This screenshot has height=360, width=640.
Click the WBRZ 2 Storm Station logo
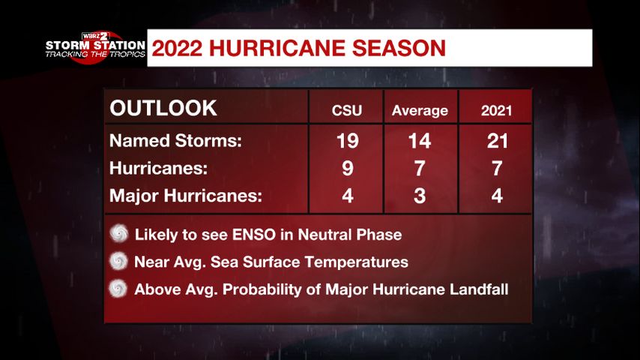pos(95,47)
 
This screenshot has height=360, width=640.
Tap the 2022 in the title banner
pos(177,48)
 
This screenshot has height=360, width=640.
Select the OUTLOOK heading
pos(163,108)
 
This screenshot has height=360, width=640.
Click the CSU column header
pos(346,111)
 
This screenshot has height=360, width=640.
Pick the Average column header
pos(420,111)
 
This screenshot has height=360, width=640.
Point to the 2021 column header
pos(496,111)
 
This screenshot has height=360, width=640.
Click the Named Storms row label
pos(175,141)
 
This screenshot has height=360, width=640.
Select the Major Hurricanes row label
pos(186,196)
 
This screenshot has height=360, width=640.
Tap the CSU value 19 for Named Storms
pos(347,141)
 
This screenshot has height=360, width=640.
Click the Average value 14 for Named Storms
pos(420,141)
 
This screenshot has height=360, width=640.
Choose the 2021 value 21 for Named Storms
pos(497,141)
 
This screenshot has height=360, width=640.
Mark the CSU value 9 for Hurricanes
pos(347,168)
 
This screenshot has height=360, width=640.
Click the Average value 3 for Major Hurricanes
pos(420,196)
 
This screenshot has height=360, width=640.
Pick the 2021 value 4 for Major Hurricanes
pos(497,196)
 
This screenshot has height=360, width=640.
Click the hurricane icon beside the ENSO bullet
pos(118,233)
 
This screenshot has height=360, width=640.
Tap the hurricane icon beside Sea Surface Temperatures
pos(118,261)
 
